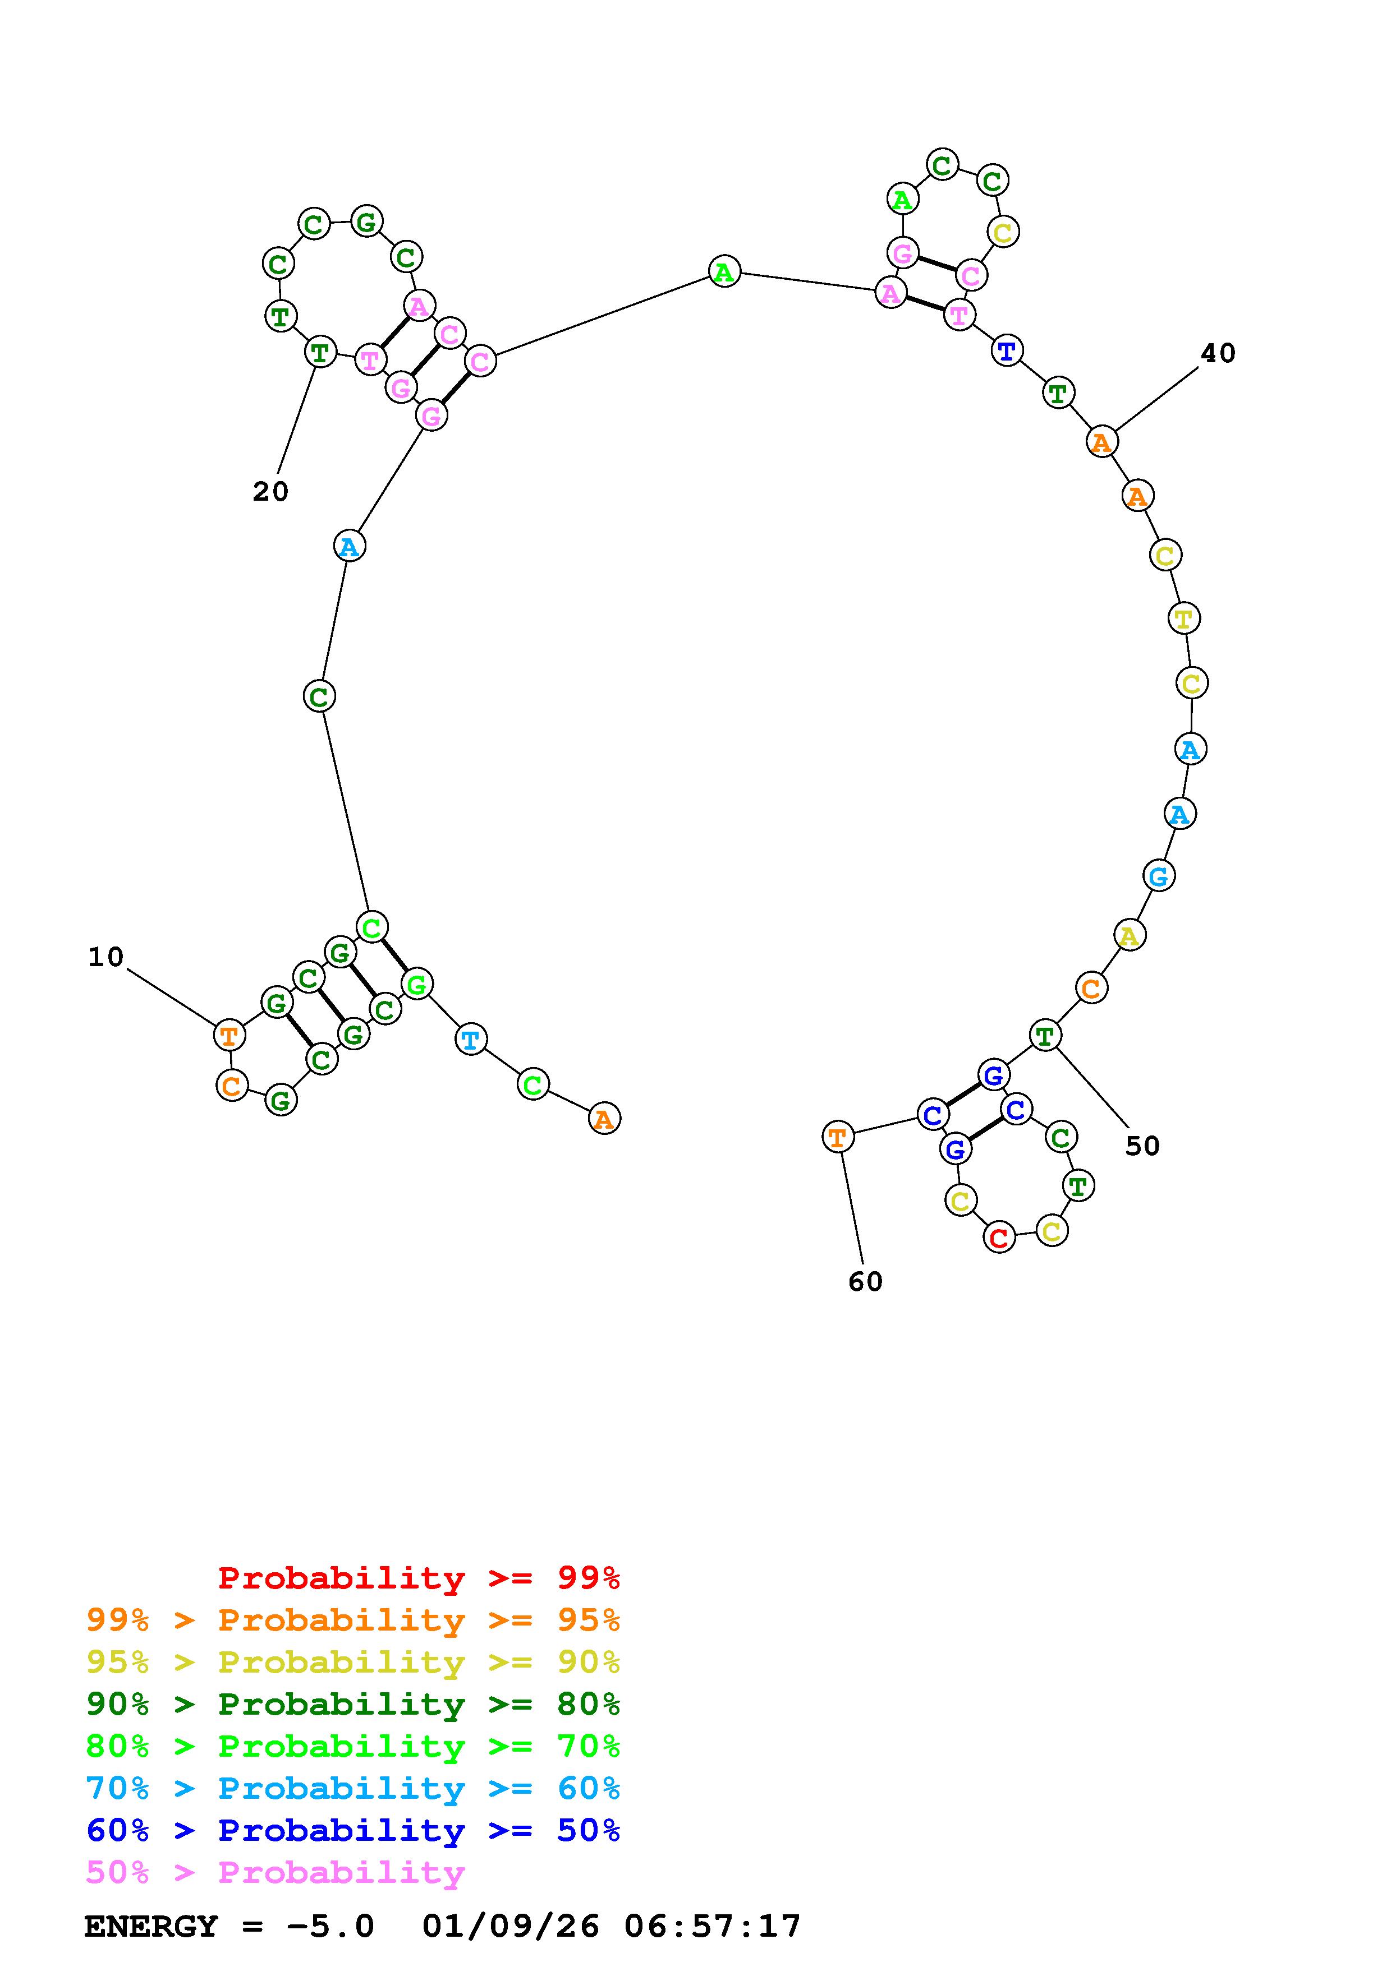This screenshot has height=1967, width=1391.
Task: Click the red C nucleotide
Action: [998, 1237]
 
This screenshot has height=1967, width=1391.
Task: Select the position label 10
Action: [106, 957]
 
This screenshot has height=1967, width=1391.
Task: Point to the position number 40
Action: [1218, 353]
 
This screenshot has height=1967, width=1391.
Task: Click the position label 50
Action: [1142, 1146]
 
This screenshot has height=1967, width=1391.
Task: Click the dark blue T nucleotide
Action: [1007, 350]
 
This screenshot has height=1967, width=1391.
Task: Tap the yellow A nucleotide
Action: [1130, 935]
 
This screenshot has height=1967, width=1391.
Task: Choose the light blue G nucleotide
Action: [1159, 875]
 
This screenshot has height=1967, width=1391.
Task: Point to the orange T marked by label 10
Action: [229, 1035]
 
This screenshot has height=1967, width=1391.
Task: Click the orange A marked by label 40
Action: [1101, 442]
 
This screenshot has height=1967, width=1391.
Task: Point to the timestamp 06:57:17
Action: [712, 1927]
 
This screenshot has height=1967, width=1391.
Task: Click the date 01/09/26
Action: [511, 1927]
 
